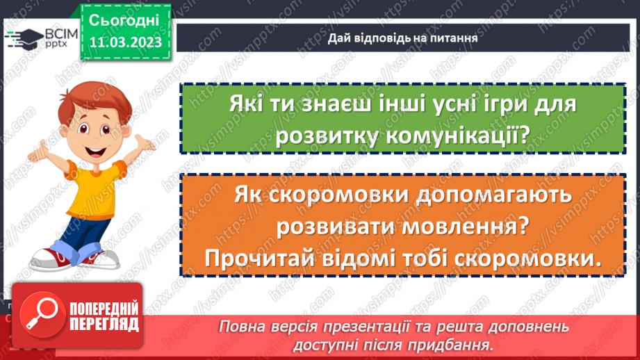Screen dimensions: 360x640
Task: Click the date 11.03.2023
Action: (x=125, y=43)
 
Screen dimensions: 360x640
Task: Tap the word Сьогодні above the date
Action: (x=125, y=19)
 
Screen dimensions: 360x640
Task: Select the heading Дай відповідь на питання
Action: (x=402, y=38)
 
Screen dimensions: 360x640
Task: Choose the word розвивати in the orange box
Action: (x=335, y=227)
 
